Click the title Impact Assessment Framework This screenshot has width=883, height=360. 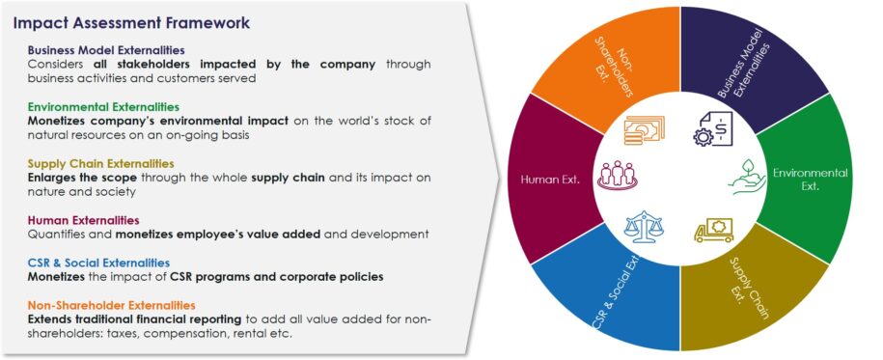point(132,21)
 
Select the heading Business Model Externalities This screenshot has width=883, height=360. point(106,50)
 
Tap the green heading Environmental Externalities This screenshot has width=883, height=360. point(103,106)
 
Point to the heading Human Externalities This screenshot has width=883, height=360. point(83,220)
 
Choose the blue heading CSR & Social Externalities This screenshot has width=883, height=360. point(98,263)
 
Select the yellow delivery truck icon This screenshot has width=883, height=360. point(713,230)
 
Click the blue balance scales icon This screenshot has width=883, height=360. point(645,229)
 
